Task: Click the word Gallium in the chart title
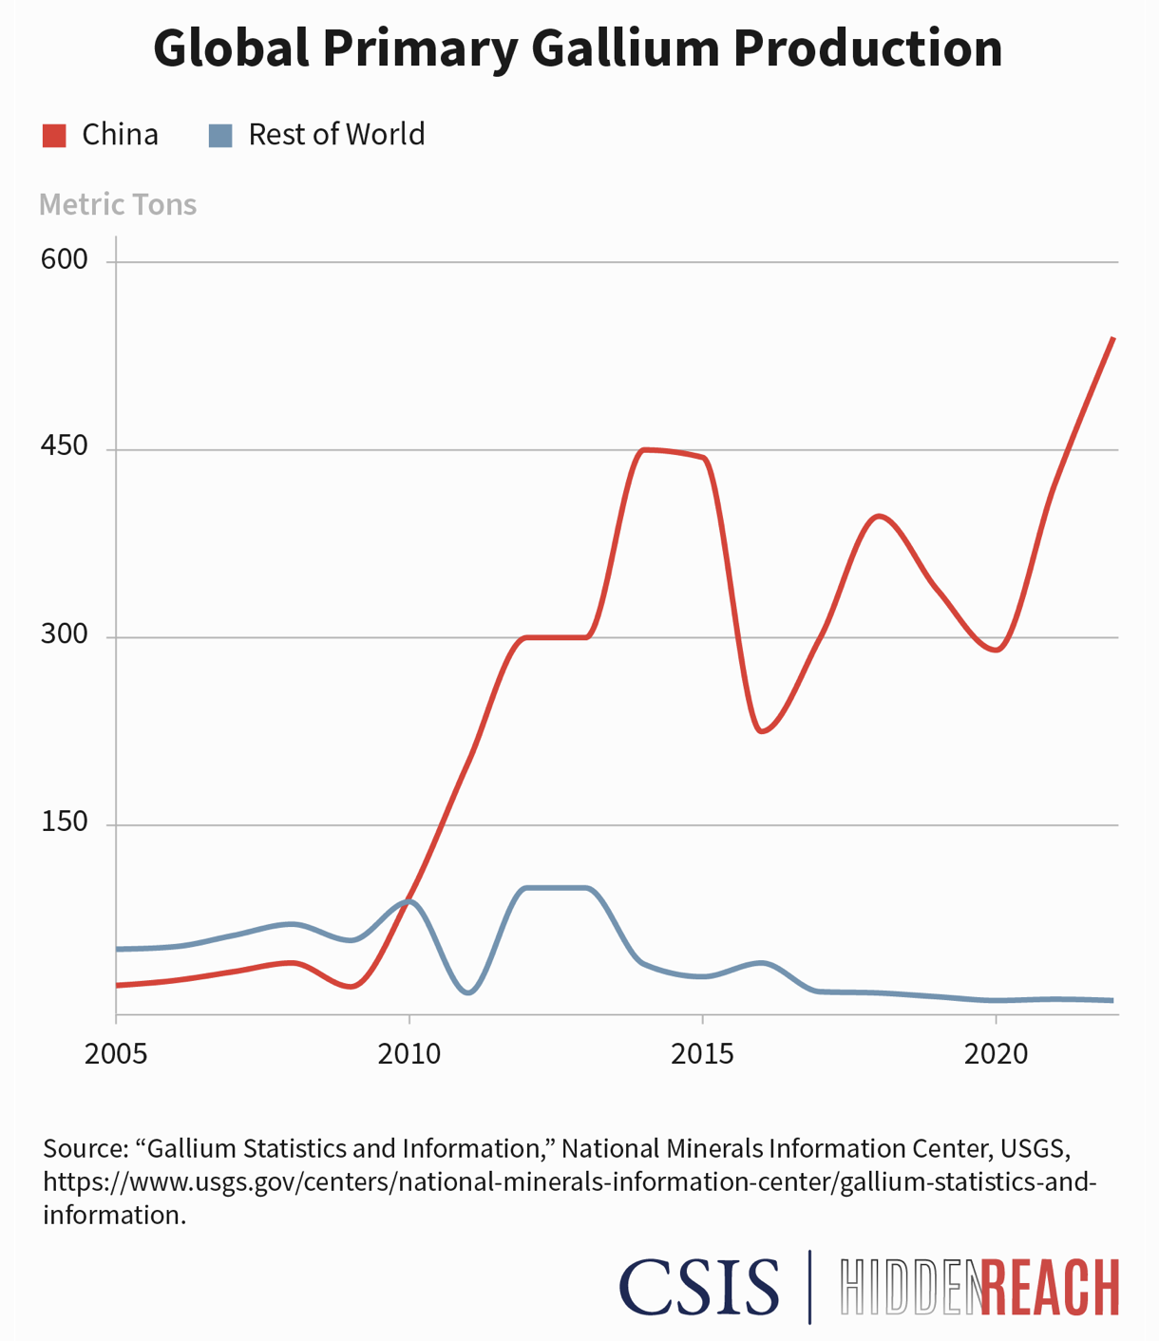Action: [628, 47]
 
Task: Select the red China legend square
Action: [54, 136]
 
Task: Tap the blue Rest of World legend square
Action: [220, 136]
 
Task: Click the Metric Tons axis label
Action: [118, 205]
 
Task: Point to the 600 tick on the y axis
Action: [64, 260]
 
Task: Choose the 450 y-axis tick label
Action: [64, 446]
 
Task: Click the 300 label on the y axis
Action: [64, 634]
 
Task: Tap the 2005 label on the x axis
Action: [116, 1054]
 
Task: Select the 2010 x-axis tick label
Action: [409, 1054]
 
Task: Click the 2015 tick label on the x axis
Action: [702, 1054]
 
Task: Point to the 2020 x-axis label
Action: [996, 1054]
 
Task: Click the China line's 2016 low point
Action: [762, 731]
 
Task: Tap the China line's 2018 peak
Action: [880, 516]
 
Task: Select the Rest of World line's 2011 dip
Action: [468, 992]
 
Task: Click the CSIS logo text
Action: [699, 1287]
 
